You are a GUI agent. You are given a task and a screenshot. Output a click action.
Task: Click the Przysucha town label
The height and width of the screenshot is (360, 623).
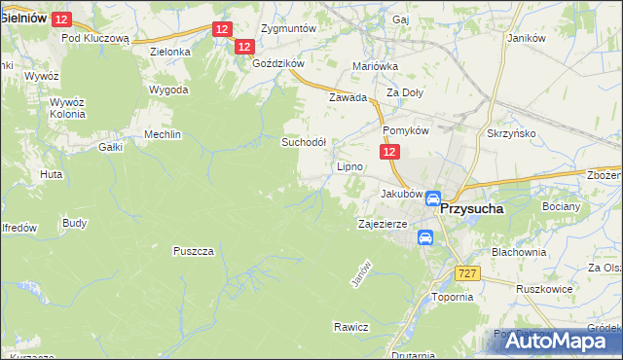pyautogui.click(x=485, y=207)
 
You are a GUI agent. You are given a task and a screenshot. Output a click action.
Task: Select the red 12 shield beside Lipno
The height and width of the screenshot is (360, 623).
pyautogui.click(x=388, y=153)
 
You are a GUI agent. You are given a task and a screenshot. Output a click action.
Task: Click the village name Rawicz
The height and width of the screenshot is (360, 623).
pyautogui.click(x=350, y=326)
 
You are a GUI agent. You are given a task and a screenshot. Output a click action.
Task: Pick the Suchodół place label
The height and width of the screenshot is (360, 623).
pyautogui.click(x=310, y=141)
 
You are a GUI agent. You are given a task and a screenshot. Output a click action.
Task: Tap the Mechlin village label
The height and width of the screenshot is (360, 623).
pyautogui.click(x=163, y=134)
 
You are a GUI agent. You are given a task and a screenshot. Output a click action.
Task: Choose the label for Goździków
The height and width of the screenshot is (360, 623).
pyautogui.click(x=278, y=62)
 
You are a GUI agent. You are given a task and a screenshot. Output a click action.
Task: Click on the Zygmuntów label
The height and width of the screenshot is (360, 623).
pyautogui.click(x=289, y=28)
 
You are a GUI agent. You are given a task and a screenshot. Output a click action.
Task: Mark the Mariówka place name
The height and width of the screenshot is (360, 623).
pyautogui.click(x=375, y=67)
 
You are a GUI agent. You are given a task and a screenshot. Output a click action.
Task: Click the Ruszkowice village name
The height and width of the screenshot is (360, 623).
pyautogui.click(x=543, y=288)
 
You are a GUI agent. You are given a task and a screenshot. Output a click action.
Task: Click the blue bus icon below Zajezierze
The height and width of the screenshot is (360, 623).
pyautogui.click(x=425, y=237)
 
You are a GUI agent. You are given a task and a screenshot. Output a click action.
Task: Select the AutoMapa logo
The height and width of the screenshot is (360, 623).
pyautogui.click(x=554, y=341)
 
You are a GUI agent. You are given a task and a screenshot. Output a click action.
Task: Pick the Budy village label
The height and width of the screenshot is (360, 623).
pyautogui.click(x=74, y=223)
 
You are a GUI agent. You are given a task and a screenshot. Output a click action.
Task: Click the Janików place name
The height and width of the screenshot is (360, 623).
pyautogui.click(x=527, y=38)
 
